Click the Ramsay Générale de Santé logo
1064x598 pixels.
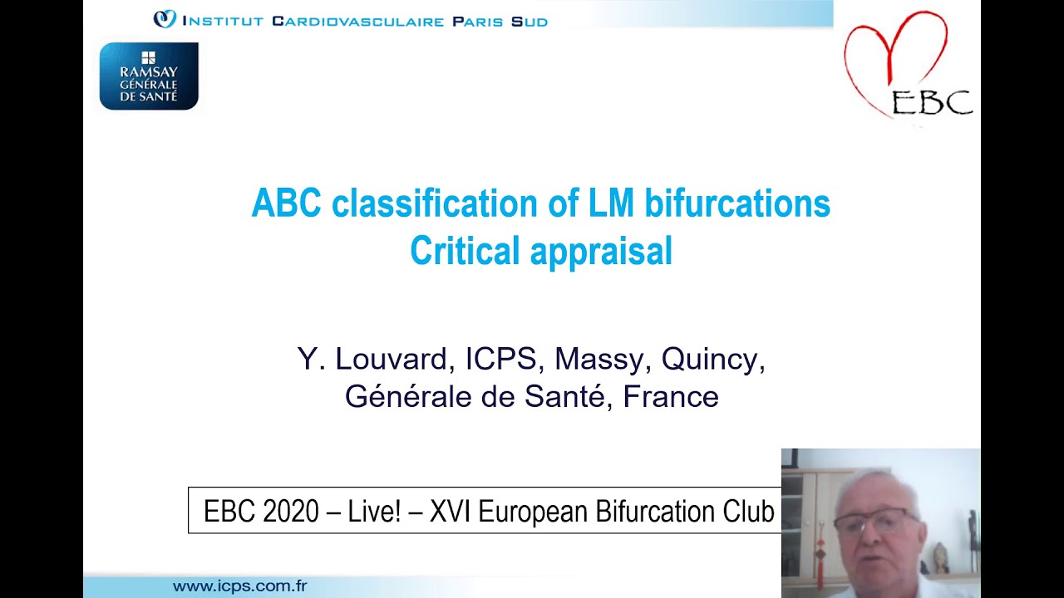149,76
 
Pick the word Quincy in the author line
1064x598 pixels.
712,360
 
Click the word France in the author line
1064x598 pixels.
670,396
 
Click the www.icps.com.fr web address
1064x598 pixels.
239,586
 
